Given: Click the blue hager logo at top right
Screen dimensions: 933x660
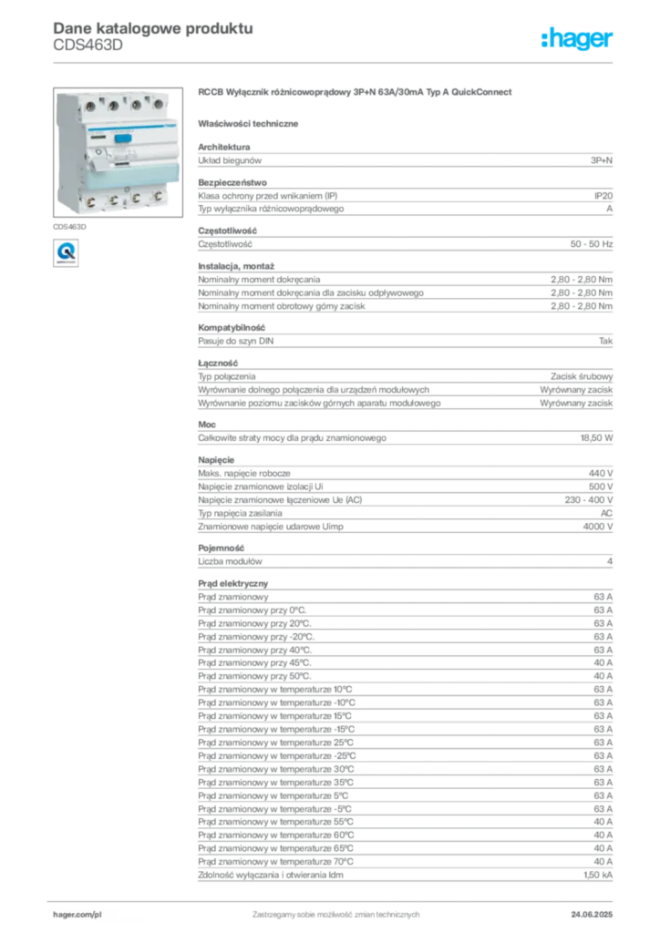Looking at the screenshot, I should pyautogui.click(x=578, y=40).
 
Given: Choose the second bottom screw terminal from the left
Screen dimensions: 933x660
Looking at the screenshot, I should pyautogui.click(x=113, y=200).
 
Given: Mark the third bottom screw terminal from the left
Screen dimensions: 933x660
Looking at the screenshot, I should pyautogui.click(x=135, y=198).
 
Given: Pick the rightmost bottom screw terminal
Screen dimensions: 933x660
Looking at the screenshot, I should pyautogui.click(x=157, y=196).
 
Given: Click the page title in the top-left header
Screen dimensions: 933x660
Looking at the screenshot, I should pyautogui.click(x=150, y=27).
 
